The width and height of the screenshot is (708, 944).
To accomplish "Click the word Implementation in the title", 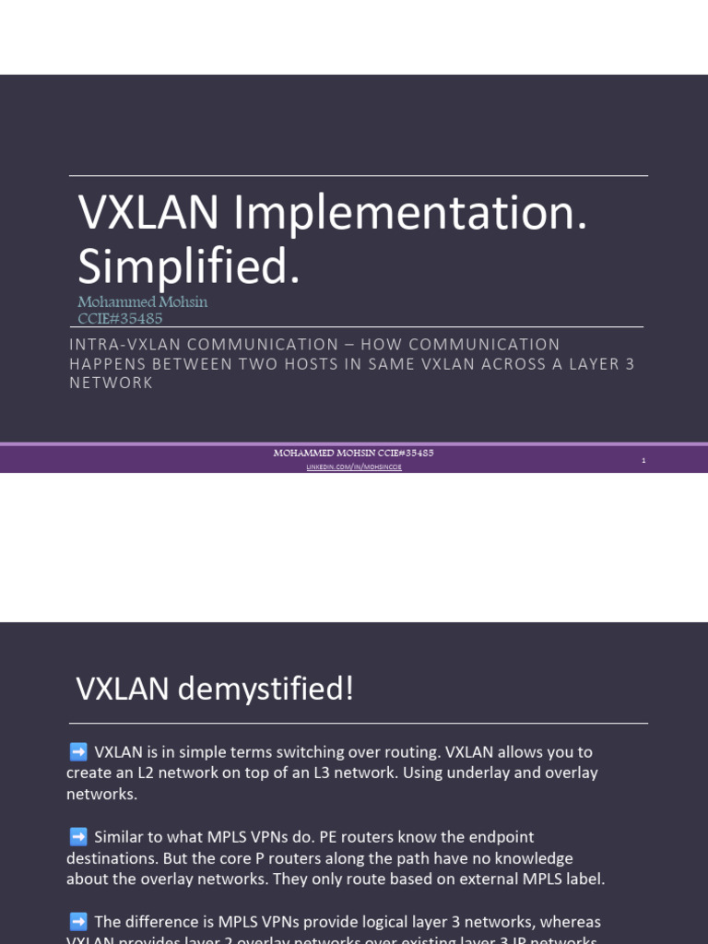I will pyautogui.click(x=410, y=215).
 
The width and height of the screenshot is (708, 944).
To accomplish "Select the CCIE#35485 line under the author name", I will pyautogui.click(x=120, y=318).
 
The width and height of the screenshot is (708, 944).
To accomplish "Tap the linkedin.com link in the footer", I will pyautogui.click(x=354, y=467).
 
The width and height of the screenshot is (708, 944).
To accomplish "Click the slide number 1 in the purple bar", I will pyautogui.click(x=643, y=459).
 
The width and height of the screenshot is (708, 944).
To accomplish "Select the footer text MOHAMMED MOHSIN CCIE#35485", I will pyautogui.click(x=354, y=453).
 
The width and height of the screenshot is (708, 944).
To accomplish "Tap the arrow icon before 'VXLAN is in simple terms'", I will pyautogui.click(x=78, y=752).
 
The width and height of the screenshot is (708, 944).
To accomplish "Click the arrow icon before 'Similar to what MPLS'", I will pyautogui.click(x=78, y=837).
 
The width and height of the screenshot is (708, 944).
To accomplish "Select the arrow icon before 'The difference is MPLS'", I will pyautogui.click(x=78, y=922).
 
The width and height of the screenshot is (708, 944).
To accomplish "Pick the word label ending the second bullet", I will pyautogui.click(x=584, y=879).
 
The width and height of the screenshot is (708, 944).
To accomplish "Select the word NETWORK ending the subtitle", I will pyautogui.click(x=112, y=383).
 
